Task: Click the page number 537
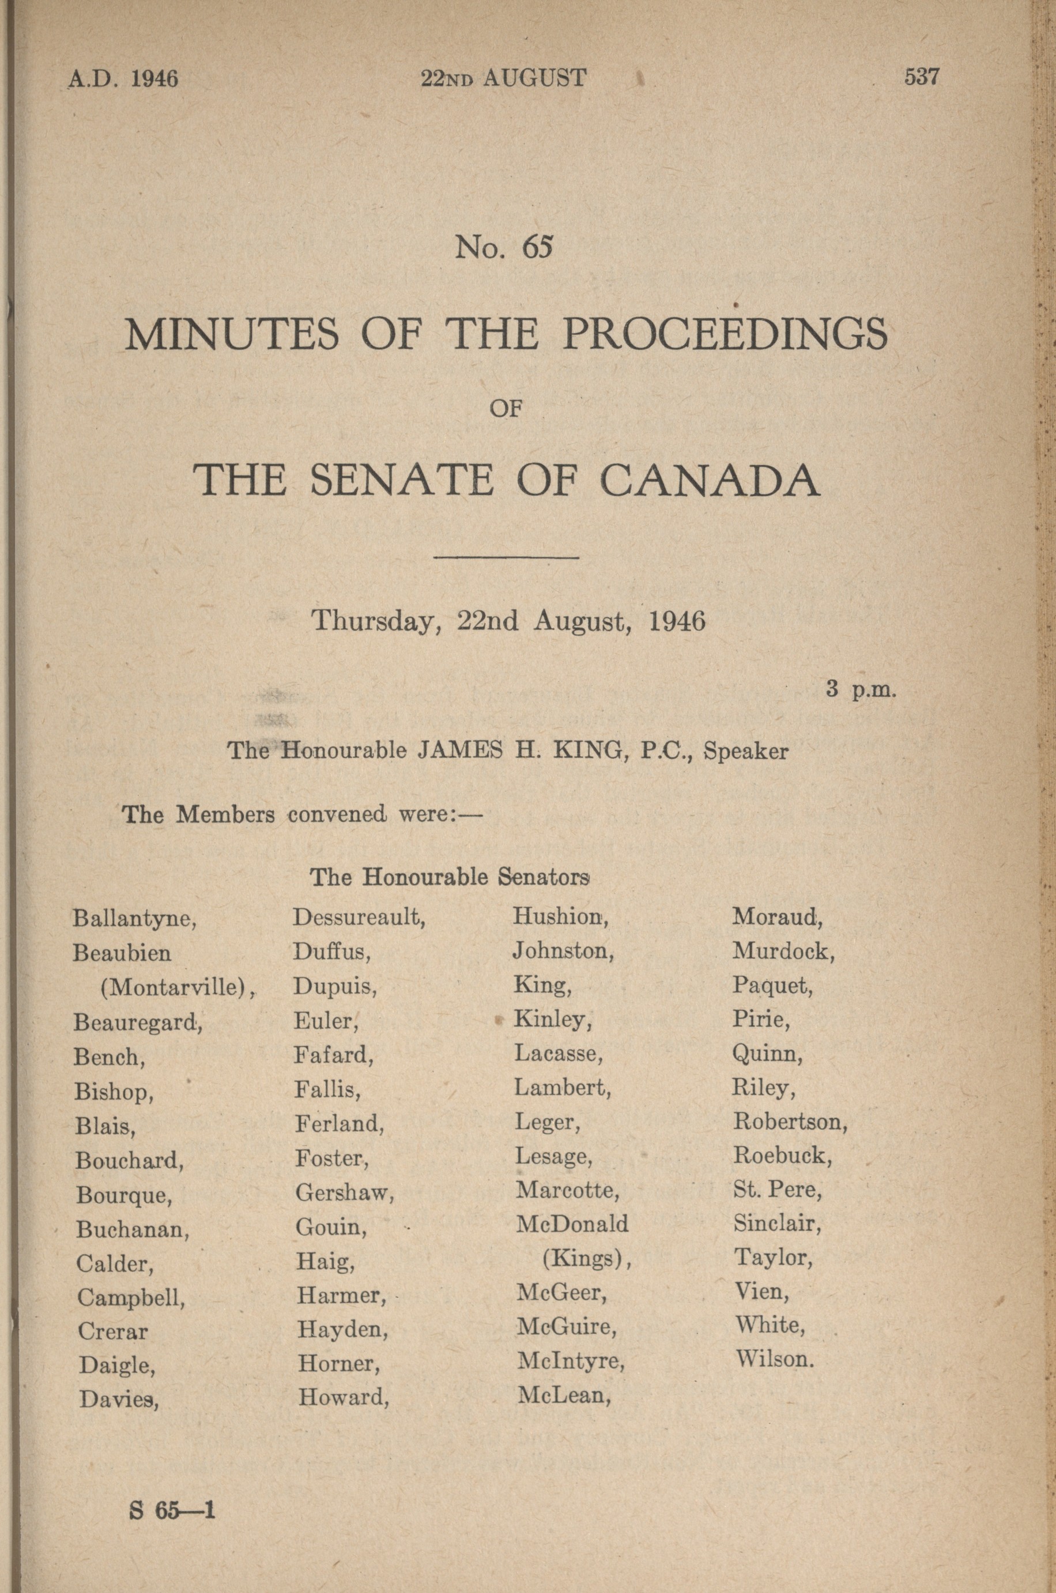pos(921,77)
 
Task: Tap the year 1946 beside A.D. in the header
pos(154,79)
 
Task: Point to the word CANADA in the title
pos(710,480)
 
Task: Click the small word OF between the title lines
pos(507,409)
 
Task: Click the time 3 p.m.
pos(861,690)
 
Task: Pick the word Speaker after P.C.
pos(745,751)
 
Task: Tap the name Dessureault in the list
pos(359,917)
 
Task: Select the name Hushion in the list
pos(561,916)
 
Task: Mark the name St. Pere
pos(777,1190)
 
